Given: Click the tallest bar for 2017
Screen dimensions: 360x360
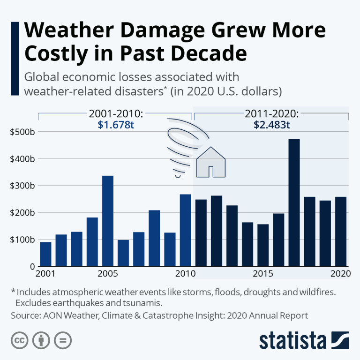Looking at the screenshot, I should pyautogui.click(x=294, y=202).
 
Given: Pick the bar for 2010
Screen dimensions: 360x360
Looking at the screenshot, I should pyautogui.click(x=186, y=230).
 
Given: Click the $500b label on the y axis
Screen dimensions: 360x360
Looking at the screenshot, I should pyautogui.click(x=22, y=132).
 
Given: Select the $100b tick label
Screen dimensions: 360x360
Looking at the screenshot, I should pyautogui.click(x=22, y=240).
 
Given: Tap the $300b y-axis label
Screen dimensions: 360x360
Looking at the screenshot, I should pyautogui.click(x=22, y=186).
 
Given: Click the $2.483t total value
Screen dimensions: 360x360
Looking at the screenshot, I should pyautogui.click(x=271, y=125).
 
